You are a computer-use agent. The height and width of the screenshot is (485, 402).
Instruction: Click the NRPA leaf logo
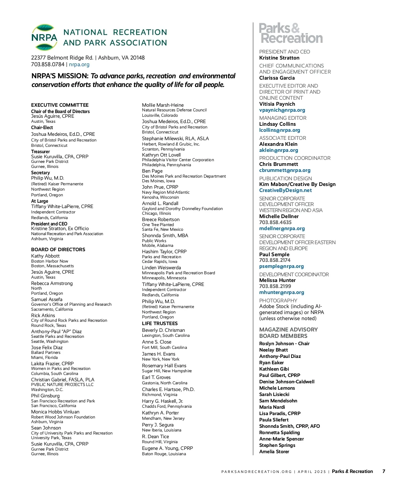click(x=44, y=37)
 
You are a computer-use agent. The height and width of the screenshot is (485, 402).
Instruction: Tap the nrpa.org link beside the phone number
click(x=79, y=65)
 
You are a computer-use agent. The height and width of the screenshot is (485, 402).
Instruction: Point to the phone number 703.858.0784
click(x=48, y=65)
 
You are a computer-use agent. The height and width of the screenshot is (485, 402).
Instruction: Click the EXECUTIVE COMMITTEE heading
click(x=60, y=105)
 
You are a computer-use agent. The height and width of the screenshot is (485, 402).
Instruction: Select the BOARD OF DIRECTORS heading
click(x=58, y=250)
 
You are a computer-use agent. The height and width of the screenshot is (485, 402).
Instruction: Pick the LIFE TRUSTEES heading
click(x=160, y=323)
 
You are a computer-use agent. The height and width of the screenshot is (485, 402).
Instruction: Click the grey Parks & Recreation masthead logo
click(x=291, y=33)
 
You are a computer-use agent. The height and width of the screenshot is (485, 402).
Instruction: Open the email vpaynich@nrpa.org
click(x=282, y=110)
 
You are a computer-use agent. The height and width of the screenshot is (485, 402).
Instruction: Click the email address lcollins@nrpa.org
click(x=280, y=130)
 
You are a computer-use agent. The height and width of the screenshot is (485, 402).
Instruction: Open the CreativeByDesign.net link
click(x=285, y=190)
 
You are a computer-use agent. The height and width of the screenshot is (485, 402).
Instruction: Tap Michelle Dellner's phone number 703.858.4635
click(x=275, y=222)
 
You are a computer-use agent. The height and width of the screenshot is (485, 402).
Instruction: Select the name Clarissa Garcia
click(x=277, y=78)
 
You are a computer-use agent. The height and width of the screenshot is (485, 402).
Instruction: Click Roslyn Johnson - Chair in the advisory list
click(x=284, y=344)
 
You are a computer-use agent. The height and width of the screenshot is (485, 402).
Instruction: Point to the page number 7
click(x=384, y=471)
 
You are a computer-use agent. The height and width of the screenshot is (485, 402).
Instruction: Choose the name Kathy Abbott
click(x=45, y=256)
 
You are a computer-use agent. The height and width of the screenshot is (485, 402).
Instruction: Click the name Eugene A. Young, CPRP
click(x=167, y=448)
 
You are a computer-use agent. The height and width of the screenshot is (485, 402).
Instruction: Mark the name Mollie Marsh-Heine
click(x=163, y=105)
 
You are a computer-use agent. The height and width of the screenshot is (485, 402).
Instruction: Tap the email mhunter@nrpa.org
click(x=282, y=292)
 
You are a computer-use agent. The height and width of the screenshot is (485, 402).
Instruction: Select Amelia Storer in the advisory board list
click(x=274, y=452)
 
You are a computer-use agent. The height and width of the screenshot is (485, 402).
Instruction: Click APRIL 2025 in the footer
click(x=312, y=472)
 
